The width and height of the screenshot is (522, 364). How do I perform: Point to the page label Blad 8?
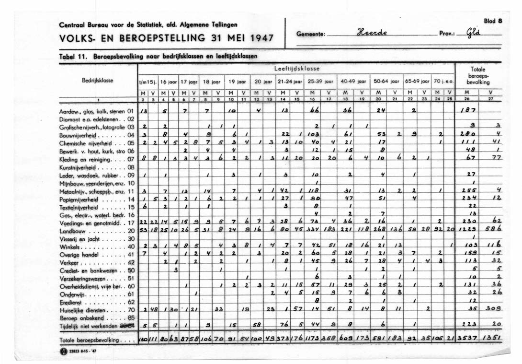pyautogui.click(x=493, y=21)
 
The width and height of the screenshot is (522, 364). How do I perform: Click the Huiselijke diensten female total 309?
pyautogui.click(x=492, y=310)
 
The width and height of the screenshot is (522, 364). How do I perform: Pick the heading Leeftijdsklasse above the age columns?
pyautogui.click(x=297, y=69)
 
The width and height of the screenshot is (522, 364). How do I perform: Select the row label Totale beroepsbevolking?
pyautogui.click(x=90, y=341)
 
